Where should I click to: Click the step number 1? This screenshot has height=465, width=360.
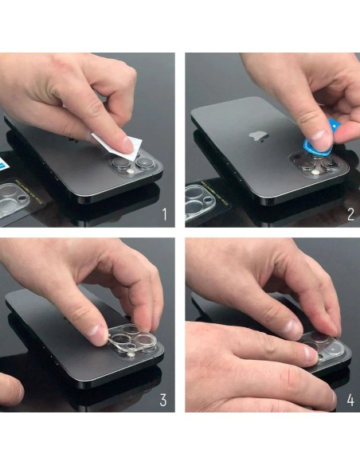[165, 214]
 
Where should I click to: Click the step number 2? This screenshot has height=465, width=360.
[350, 214]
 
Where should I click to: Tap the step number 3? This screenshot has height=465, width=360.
[163, 400]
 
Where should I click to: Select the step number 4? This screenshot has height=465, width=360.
[350, 400]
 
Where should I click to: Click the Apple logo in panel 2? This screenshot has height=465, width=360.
[259, 136]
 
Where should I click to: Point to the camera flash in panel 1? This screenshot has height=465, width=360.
[130, 171]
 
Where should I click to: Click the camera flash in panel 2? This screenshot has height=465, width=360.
[315, 172]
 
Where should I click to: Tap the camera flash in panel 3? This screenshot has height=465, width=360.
[130, 355]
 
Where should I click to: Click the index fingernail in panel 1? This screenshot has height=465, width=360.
[127, 146]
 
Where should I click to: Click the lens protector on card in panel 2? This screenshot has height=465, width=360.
[199, 201]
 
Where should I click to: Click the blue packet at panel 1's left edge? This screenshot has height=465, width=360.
[5, 163]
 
